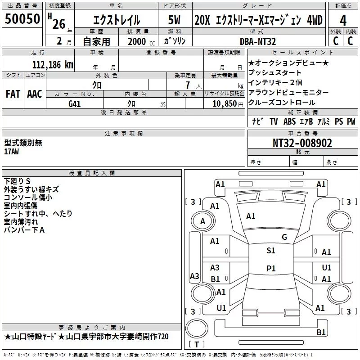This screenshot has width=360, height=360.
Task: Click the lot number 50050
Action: pos(22,18)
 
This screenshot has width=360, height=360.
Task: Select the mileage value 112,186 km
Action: pos(53,65)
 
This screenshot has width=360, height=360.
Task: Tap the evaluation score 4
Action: pos(343,21)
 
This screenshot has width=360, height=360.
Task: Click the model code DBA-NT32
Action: pos(257,41)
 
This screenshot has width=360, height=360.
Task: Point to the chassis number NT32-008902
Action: pos(302,143)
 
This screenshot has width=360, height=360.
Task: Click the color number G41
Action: pos(75,104)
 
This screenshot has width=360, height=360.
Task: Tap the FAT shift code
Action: pos(13,94)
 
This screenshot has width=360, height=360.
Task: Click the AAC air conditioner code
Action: pos(35,94)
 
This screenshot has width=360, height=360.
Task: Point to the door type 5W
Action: pos(174,20)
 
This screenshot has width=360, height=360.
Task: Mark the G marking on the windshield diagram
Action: pos(284,237)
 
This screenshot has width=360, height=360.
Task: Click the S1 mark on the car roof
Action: pos(271,251)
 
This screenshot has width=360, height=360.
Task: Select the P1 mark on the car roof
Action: pos(271,268)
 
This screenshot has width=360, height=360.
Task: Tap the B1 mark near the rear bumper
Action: pos(321,332)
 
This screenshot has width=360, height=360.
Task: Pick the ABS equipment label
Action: pos(289,121)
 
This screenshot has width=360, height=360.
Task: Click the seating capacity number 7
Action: pos(188,85)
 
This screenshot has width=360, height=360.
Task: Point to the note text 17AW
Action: pos(12,152)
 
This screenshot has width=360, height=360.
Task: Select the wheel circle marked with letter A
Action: pos(203,221)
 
